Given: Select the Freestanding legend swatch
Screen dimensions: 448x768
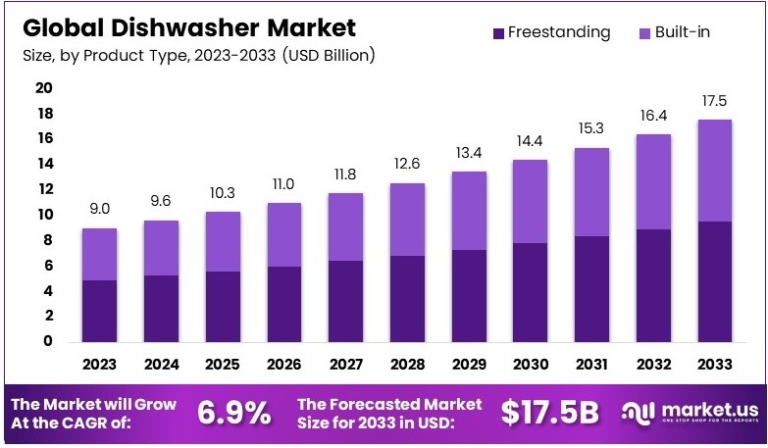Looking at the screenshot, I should pos(499,33).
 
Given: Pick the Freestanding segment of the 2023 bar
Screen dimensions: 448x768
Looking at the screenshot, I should pos(99,311).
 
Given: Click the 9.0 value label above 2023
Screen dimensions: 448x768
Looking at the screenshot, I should pos(99,209).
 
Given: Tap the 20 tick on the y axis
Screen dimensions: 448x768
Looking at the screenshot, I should pos(44,88).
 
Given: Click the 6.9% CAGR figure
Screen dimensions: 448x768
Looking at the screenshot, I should pos(233,413).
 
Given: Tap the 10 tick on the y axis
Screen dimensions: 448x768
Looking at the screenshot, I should pos(44,215).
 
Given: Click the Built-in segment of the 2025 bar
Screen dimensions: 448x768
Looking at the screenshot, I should pos(222,241).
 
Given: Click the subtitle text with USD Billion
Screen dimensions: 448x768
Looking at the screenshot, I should pos(197,54).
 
